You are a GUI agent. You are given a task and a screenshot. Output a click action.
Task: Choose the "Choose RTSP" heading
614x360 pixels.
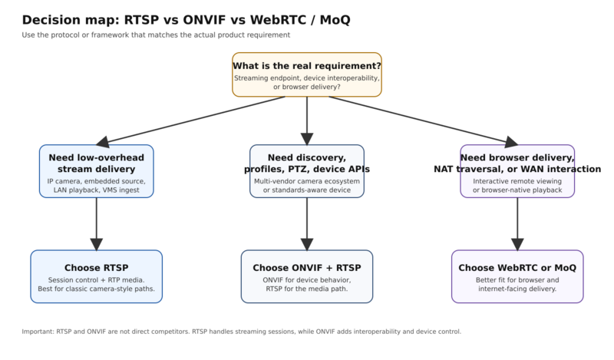96,267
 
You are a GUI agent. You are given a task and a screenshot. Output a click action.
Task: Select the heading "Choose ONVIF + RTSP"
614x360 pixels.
307,267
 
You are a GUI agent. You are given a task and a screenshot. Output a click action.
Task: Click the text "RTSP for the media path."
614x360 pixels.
307,289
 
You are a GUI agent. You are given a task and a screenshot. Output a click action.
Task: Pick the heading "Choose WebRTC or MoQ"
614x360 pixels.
517,267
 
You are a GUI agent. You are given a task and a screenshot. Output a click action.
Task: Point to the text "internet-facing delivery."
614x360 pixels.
517,289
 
